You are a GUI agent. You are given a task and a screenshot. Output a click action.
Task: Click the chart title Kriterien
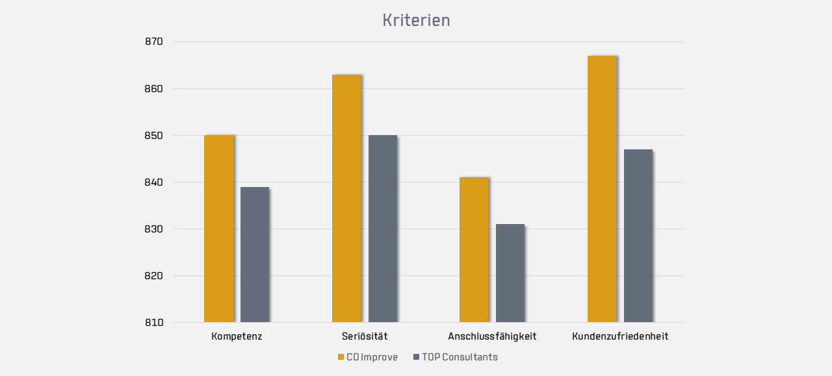coord(416,20)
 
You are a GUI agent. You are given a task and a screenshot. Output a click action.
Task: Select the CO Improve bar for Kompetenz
coord(218,229)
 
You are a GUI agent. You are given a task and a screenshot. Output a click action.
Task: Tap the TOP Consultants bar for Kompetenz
coord(255,255)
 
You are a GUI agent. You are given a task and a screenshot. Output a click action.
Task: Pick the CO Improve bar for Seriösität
coord(346,198)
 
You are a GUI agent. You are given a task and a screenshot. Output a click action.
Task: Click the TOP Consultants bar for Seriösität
coord(383,229)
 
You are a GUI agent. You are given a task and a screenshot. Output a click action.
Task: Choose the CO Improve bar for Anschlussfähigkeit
coord(474,249)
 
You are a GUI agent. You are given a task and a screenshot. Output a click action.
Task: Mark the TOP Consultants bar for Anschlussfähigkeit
coord(510,273)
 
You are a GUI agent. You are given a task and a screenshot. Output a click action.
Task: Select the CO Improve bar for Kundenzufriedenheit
coord(602,189)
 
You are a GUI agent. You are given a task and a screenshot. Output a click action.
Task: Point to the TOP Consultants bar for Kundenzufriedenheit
coord(638,236)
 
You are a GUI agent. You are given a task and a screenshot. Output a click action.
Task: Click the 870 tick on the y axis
coord(154,42)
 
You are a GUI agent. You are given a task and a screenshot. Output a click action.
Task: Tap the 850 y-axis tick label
coord(154,136)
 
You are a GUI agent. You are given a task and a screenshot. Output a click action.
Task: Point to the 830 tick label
coord(154,229)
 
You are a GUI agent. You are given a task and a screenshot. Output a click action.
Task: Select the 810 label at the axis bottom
coord(154,323)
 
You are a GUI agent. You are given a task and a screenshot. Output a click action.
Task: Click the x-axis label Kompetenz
coord(237,336)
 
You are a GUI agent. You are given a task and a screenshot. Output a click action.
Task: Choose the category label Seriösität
coord(365,336)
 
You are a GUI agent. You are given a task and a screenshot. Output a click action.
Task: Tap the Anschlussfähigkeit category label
coord(492,336)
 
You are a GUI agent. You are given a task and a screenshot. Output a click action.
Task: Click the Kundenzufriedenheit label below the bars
coord(620,336)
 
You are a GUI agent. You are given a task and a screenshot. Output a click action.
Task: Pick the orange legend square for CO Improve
coord(341,357)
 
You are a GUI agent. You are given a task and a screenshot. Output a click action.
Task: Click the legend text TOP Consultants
coord(460,357)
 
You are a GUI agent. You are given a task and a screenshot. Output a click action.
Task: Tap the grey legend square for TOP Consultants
coord(416,357)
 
